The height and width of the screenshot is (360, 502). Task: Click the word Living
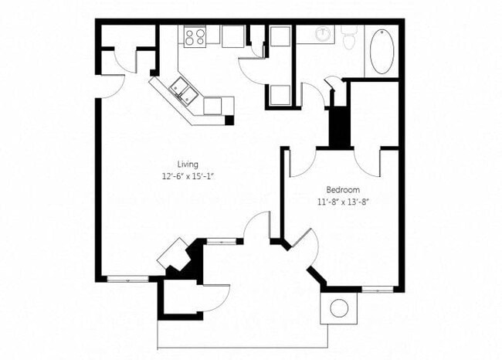coord(188,165)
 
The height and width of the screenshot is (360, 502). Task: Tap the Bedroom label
coord(340,189)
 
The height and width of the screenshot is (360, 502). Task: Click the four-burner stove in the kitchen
coord(195,36)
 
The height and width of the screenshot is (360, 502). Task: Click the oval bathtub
coord(382,52)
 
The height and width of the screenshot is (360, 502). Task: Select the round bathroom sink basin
coord(324,35)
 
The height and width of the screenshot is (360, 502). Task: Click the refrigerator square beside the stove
coord(232,36)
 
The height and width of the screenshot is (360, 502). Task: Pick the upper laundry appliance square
coord(279,39)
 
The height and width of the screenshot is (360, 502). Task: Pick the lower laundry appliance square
coord(279,95)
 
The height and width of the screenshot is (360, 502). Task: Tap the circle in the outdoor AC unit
coord(339,307)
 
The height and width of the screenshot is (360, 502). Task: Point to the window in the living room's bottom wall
coord(127,278)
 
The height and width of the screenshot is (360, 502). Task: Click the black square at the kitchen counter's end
coord(229,121)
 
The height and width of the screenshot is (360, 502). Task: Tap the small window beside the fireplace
coord(222,241)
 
